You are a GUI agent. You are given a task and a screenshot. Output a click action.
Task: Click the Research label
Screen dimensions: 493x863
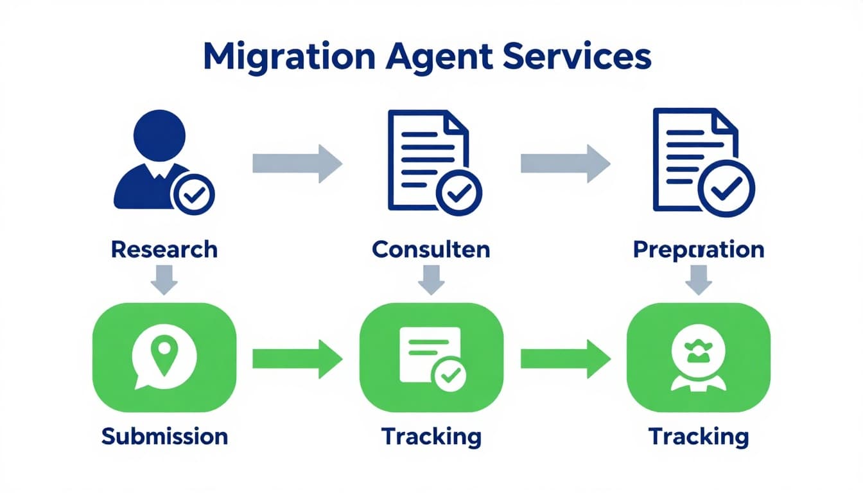click(164, 249)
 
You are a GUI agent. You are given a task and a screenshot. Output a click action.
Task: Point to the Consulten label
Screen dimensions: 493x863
click(431, 249)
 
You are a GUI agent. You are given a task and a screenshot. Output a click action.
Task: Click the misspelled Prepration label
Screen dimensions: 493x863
click(699, 249)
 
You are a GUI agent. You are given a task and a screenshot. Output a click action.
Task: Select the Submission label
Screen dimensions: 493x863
click(164, 437)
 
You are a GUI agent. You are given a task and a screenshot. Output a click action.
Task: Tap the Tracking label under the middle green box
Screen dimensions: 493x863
click(431, 437)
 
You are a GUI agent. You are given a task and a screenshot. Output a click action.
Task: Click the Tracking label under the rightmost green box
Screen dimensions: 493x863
click(699, 437)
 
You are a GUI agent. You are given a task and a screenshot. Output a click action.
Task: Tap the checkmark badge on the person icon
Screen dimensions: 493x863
click(193, 192)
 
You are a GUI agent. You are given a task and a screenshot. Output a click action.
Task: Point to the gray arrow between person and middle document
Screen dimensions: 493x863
click(297, 163)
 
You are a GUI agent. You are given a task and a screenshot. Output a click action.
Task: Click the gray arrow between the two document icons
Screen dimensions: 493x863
click(564, 163)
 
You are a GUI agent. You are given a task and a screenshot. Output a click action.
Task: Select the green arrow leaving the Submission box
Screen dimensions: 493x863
click(297, 359)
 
